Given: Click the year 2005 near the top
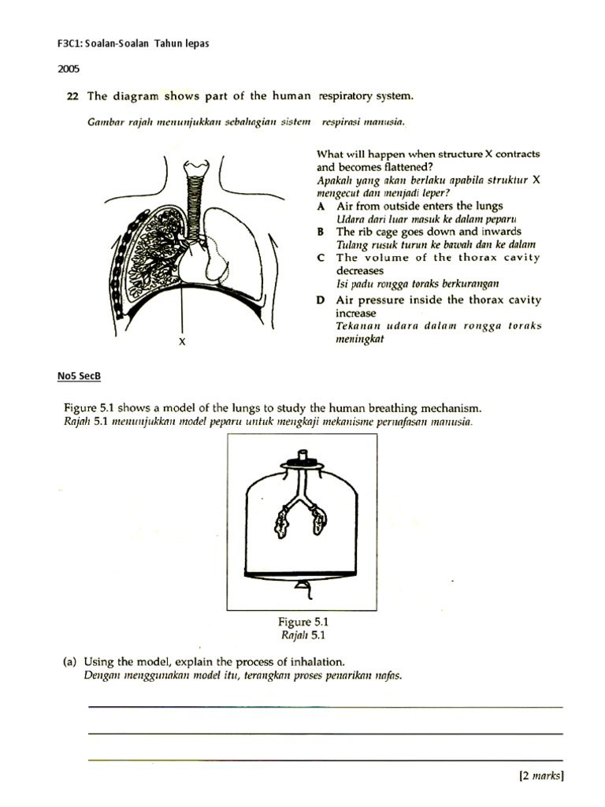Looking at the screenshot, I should [x=69, y=69].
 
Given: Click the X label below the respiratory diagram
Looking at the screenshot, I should [x=181, y=342].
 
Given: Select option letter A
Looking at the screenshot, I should [x=321, y=206].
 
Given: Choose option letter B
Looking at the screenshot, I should [x=321, y=232].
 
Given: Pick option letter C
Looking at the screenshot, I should [x=321, y=258].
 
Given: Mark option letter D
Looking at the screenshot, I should [x=321, y=300].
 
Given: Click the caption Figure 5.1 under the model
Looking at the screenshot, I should [x=297, y=622].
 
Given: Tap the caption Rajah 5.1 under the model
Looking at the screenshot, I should [x=297, y=634].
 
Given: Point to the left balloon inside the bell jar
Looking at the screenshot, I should [x=283, y=521].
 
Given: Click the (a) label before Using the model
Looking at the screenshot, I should [x=70, y=662].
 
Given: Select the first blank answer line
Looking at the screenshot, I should [x=325, y=707].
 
